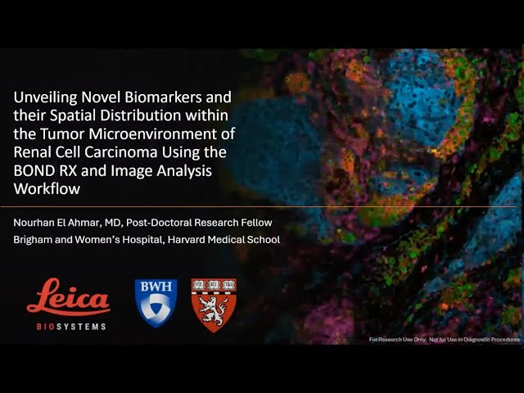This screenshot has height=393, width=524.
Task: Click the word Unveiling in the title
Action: point(46,98)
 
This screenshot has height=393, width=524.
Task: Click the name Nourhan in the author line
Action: point(37,223)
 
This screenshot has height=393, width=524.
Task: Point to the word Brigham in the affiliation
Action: point(34,240)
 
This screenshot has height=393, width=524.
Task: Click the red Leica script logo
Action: point(68,298)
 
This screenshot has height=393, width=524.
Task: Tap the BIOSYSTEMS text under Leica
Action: point(69,325)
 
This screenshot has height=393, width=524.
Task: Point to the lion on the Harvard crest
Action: point(214,311)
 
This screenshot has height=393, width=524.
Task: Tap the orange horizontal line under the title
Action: point(262,206)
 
